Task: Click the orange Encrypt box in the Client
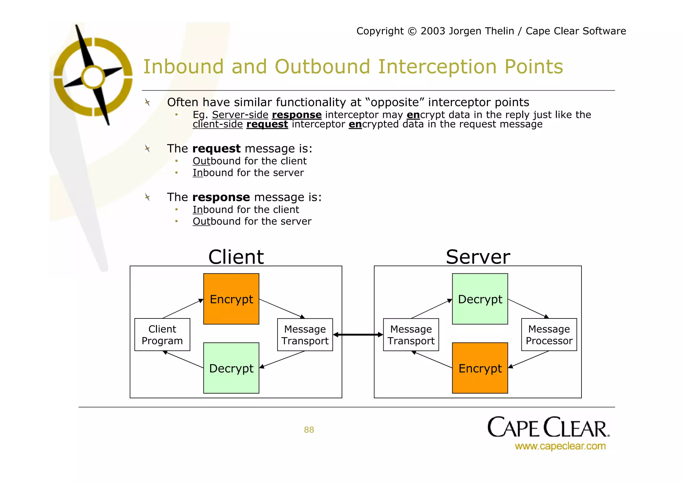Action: [231, 299]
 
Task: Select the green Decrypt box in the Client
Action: [231, 368]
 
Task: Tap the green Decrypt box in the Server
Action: [480, 299]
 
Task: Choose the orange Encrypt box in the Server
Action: [480, 368]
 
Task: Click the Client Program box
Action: [162, 334]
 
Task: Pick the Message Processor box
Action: [549, 334]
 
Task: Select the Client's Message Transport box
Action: [305, 334]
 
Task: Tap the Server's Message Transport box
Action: [411, 334]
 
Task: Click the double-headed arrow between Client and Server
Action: [358, 334]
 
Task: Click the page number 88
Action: [309, 430]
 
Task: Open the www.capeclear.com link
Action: [560, 446]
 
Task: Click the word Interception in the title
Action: [437, 66]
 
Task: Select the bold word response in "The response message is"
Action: [221, 197]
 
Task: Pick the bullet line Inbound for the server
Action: [248, 173]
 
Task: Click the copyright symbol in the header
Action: [412, 31]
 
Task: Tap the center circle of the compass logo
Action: [93, 77]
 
